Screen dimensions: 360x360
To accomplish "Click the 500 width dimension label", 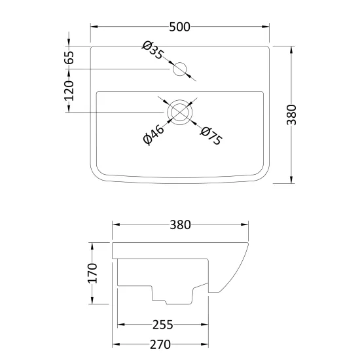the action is coord(180,27).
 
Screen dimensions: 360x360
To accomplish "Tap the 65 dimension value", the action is coord(69,58).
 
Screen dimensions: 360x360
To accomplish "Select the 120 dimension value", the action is coord(69,91).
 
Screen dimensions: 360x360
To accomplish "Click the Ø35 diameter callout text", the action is coord(153,50).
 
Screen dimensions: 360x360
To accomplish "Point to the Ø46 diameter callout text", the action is coord(153,135).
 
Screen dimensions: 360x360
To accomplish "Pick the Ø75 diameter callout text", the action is coord(211,136).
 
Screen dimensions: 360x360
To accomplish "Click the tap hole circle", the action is coord(179,69).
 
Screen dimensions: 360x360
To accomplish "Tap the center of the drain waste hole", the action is coord(179,113).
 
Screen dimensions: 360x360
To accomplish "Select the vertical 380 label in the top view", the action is coord(291,115).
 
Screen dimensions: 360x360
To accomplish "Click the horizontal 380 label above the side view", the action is coord(180,225).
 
